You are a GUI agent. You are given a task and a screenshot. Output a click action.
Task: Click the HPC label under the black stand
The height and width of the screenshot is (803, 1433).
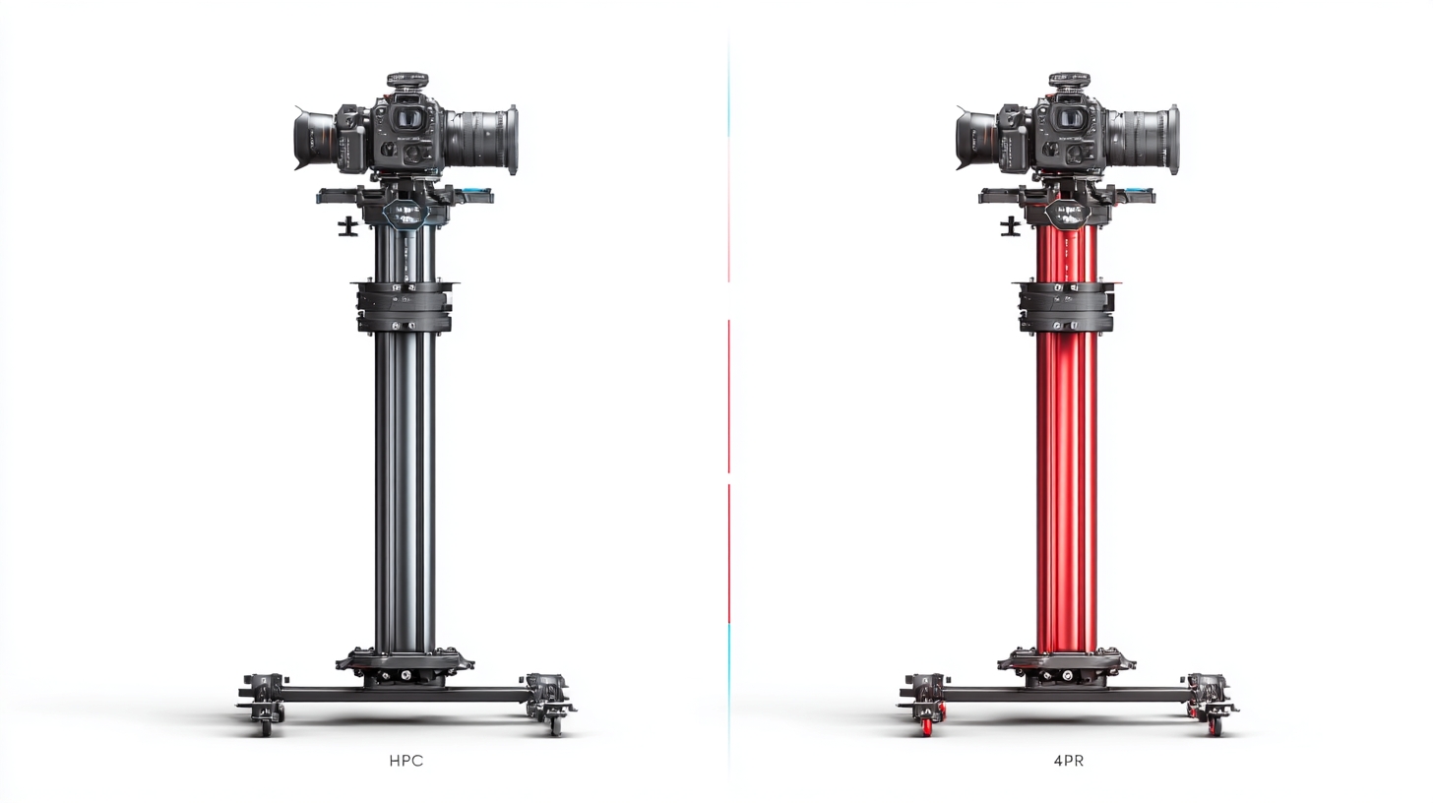click(x=406, y=761)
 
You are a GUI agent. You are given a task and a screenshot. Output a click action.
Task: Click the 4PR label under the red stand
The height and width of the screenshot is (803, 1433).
click(x=1069, y=761)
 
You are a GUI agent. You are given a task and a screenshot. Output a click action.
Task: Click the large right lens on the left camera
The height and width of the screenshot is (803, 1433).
click(x=481, y=140)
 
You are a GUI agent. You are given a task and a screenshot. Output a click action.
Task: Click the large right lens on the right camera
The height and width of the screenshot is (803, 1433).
click(x=1144, y=140)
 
